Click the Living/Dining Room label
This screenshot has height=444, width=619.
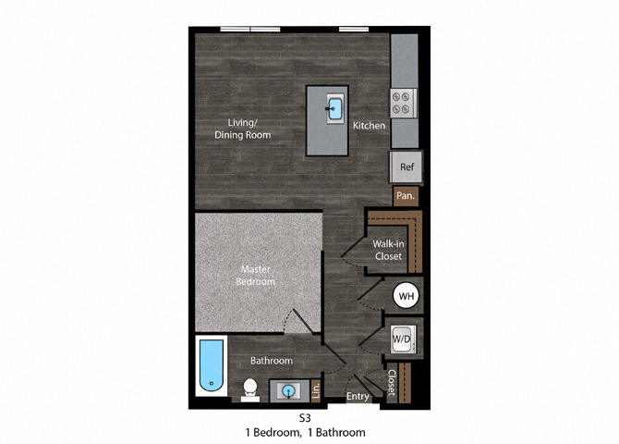click(242, 129)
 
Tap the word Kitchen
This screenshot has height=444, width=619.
click(369, 125)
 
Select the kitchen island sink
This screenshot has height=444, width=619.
click(335, 108)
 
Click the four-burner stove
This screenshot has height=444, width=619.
click(404, 103)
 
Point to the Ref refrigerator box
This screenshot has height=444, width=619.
click(407, 166)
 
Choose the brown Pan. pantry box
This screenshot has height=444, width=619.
click(406, 196)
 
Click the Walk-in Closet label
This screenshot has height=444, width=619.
click(388, 250)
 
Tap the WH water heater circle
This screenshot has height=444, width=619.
click(407, 296)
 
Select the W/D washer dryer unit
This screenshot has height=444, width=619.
click(403, 339)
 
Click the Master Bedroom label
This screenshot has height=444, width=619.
click(255, 275)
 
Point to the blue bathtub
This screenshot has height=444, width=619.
click(212, 365)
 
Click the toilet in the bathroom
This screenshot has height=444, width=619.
click(249, 389)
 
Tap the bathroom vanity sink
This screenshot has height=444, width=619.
click(289, 391)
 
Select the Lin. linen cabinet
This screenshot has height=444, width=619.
click(316, 390)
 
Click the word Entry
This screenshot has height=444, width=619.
click(358, 396)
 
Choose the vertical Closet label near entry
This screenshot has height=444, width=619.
click(391, 383)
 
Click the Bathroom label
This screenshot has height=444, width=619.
click(272, 361)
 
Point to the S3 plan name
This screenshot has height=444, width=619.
click(305, 418)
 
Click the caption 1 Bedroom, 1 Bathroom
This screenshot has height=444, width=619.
click(305, 433)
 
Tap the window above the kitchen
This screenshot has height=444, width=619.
click(354, 29)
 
